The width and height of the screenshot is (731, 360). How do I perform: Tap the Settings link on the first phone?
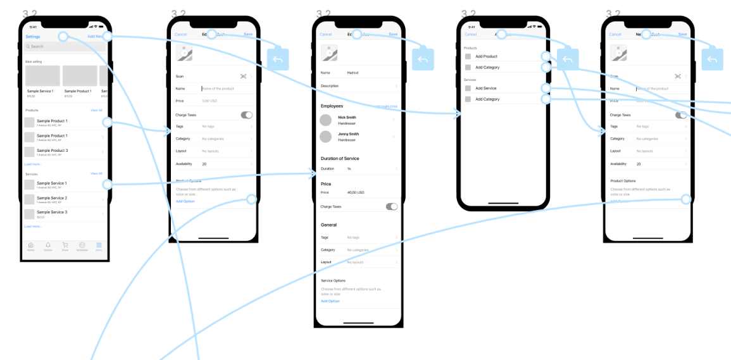(32, 37)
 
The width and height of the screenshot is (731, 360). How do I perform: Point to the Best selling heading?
(34, 62)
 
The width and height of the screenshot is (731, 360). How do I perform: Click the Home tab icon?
(31, 245)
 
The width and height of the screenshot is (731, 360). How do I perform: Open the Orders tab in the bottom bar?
(48, 245)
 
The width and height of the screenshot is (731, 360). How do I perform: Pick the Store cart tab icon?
(65, 245)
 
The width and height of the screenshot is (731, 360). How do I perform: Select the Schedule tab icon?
(82, 245)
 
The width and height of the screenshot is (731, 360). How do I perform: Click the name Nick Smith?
(347, 118)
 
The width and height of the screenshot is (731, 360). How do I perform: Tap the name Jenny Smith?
(348, 134)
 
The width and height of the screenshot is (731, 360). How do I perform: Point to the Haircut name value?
(353, 73)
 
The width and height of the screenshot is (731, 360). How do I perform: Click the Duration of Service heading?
(340, 158)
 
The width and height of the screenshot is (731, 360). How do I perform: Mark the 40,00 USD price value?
(356, 192)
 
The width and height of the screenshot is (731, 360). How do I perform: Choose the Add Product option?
(486, 57)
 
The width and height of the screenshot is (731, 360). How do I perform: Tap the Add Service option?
(485, 89)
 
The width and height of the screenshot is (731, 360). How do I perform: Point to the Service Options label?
(334, 280)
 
